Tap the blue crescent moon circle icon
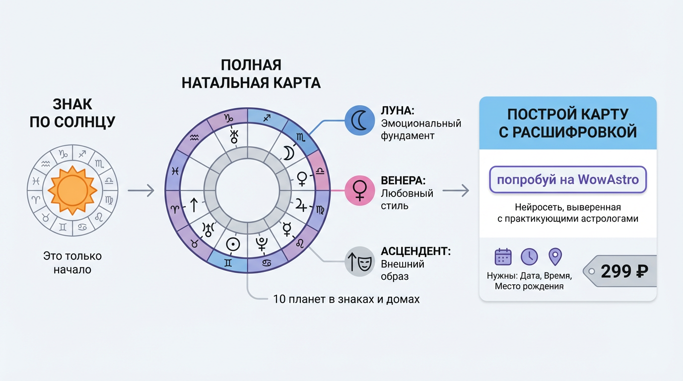[359, 121]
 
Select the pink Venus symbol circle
[359, 190]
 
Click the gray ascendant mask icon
[359, 261]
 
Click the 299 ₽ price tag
[622, 271]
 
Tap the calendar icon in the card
[503, 256]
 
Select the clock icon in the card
[529, 256]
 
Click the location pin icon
[555, 256]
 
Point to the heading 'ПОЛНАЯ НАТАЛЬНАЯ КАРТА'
[251, 73]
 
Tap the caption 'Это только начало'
[72, 263]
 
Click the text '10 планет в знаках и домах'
[346, 299]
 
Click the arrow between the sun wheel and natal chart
[141, 190]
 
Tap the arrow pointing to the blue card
[456, 190]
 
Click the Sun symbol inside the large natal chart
[232, 244]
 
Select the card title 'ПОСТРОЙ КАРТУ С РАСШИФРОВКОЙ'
[567, 123]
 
